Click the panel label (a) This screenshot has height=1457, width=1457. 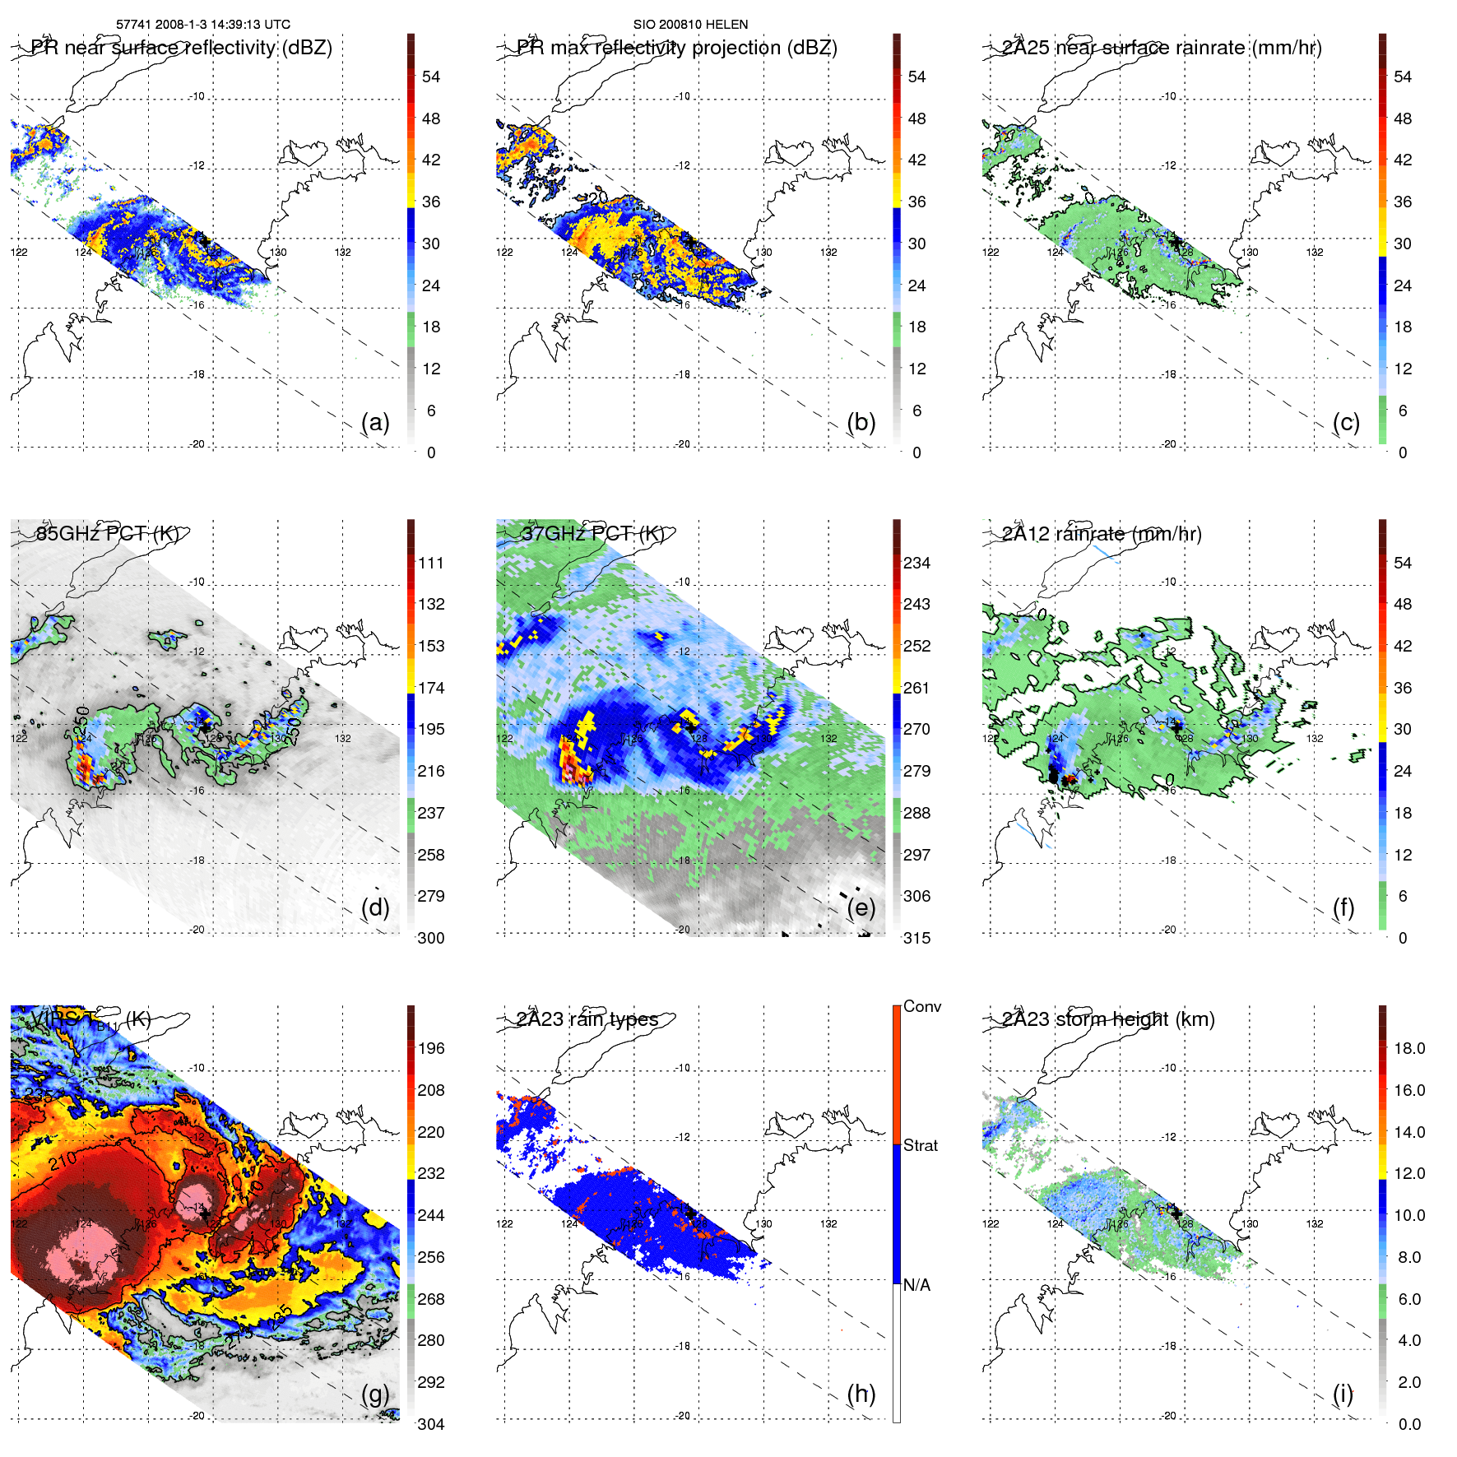(375, 422)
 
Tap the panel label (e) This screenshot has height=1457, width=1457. (861, 907)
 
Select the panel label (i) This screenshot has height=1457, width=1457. (1343, 1394)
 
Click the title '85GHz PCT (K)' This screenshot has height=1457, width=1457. (107, 533)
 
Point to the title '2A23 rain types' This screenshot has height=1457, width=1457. (587, 1019)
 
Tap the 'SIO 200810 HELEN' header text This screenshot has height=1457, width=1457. (690, 25)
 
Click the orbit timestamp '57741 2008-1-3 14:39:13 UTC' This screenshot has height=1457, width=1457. (203, 25)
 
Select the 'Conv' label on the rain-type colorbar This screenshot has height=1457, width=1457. (922, 1006)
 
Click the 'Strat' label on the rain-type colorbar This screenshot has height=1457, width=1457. (921, 1145)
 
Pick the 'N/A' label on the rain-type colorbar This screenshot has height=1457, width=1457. (916, 1285)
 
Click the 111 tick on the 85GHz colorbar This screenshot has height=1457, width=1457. (431, 563)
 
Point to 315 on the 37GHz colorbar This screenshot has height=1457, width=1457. (916, 938)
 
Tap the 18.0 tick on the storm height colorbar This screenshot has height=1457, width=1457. (1409, 1048)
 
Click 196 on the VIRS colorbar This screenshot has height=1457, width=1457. (431, 1048)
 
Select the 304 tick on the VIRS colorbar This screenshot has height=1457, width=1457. (431, 1424)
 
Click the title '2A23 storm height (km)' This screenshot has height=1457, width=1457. (1108, 1019)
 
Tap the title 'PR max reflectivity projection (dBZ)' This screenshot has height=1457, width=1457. (676, 48)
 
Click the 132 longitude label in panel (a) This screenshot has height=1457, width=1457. (343, 253)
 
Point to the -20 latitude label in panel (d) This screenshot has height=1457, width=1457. (197, 930)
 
